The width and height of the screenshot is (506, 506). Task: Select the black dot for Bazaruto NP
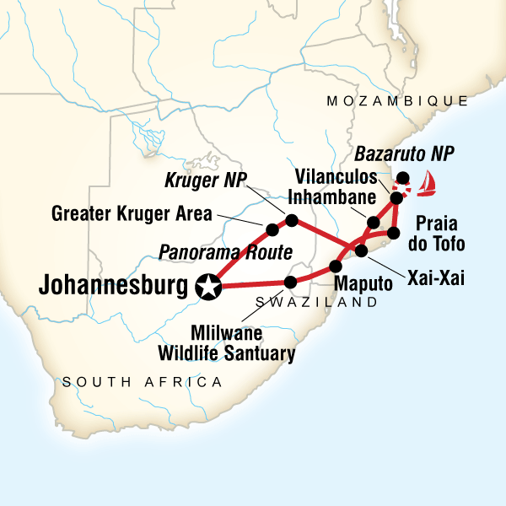(403, 178)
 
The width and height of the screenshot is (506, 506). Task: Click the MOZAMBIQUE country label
(396, 101)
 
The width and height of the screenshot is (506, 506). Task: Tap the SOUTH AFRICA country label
(142, 382)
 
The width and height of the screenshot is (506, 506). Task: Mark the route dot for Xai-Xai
(361, 250)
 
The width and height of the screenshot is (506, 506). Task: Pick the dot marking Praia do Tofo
(393, 233)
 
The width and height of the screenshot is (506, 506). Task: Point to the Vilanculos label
(336, 175)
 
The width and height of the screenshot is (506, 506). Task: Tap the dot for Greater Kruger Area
(272, 229)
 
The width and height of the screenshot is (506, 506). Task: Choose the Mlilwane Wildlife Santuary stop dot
(292, 283)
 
